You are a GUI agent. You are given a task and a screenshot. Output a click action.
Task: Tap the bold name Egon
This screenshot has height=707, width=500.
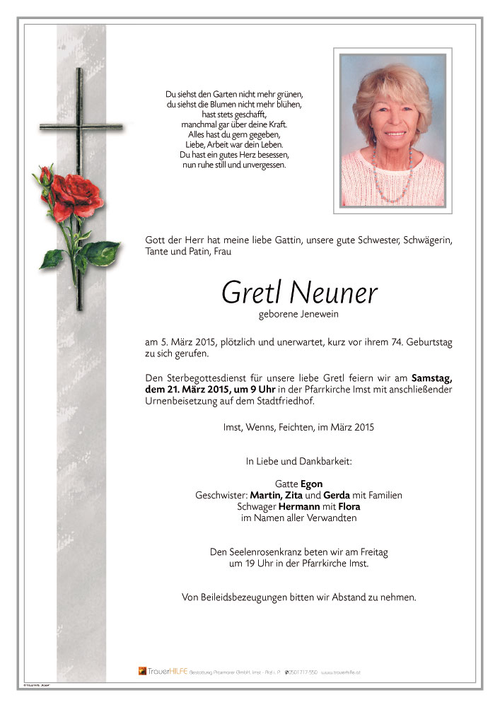pyautogui.click(x=311, y=484)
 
